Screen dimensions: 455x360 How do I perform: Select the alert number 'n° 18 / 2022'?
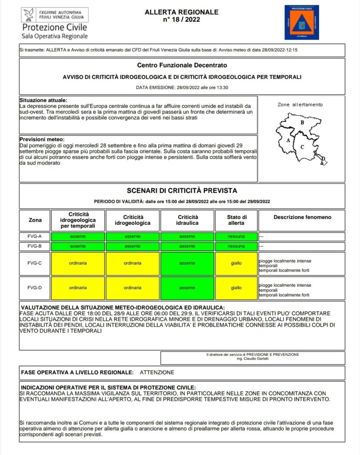182,20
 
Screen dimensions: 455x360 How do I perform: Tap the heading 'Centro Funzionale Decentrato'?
182,65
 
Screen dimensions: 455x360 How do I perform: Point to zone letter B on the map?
302,122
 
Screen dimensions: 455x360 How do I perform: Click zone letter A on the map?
288,140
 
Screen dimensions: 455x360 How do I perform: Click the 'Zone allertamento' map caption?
300,104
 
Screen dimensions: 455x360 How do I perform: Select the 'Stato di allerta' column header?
236,220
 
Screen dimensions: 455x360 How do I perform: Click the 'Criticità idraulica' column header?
188,220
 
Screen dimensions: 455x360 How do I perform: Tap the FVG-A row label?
35,236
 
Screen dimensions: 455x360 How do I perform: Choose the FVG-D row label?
35,288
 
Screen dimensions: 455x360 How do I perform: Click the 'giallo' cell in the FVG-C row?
236,263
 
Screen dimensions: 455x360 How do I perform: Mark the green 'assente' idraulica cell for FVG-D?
187,288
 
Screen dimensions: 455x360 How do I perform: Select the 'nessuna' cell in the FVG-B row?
236,246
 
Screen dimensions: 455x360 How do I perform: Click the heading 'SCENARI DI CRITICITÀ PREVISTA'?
182,191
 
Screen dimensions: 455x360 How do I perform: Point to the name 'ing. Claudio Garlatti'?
253,359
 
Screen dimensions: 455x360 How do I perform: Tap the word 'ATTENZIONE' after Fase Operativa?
157,372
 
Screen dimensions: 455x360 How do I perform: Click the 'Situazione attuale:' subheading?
44,100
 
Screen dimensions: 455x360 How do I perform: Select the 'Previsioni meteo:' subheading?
42,139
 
